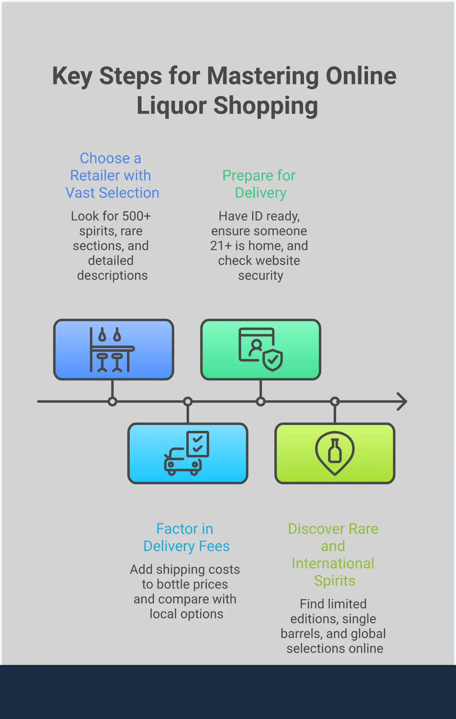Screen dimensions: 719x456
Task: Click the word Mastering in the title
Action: [263, 76]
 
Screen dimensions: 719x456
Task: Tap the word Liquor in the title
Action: [172, 106]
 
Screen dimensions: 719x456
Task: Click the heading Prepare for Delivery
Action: [259, 184]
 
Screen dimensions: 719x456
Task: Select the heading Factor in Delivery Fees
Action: [186, 537]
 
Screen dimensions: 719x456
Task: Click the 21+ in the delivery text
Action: [221, 246]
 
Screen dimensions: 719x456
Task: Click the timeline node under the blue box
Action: [112, 402]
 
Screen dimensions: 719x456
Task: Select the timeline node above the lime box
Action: [335, 402]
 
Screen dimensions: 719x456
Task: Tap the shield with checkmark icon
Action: [273, 360]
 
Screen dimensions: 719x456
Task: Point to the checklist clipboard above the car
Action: [198, 444]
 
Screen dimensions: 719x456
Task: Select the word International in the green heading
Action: [333, 564]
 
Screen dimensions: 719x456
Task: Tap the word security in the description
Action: [260, 275]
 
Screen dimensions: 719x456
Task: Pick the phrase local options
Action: [186, 614]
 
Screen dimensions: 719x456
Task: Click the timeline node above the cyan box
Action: [188, 402]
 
